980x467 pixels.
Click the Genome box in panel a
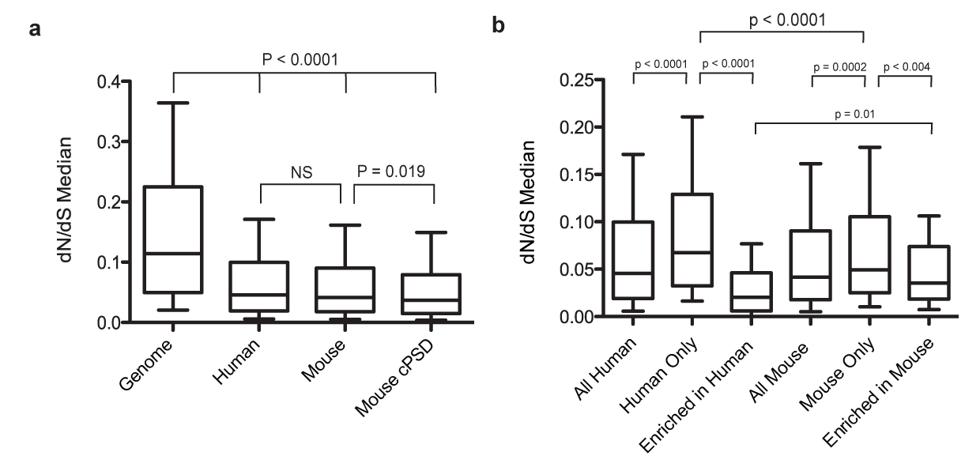point(173,239)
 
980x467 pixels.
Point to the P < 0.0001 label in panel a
point(304,58)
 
